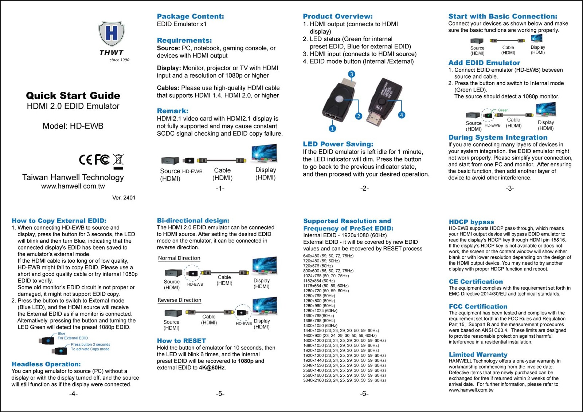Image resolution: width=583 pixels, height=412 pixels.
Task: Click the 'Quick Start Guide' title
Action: (x=73, y=96)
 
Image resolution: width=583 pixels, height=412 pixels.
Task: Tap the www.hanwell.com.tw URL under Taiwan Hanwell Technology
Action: (x=73, y=186)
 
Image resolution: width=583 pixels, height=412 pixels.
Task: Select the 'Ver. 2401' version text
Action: (x=124, y=198)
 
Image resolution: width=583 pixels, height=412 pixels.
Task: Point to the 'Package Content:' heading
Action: (x=190, y=16)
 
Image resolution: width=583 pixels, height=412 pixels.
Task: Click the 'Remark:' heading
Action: (x=172, y=111)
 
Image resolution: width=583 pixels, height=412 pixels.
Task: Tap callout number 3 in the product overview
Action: (x=351, y=74)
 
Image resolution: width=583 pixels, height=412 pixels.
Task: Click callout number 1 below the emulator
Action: (x=332, y=128)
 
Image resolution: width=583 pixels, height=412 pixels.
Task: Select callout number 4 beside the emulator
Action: (x=401, y=115)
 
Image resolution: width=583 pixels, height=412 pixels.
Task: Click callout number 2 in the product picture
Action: (x=359, y=116)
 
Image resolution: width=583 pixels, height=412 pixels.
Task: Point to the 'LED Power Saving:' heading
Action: (x=338, y=144)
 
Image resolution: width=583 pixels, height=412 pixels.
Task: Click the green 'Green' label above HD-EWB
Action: (x=503, y=110)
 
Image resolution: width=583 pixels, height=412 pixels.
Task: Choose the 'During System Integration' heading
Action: (x=498, y=138)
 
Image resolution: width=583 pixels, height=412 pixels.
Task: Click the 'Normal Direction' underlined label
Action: (x=179, y=258)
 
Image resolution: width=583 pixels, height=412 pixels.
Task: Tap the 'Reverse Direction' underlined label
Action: (x=179, y=300)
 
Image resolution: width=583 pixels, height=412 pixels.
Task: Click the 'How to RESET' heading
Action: (x=181, y=341)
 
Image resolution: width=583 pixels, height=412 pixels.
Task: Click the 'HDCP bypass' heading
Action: (x=471, y=222)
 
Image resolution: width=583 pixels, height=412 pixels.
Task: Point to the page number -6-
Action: (x=364, y=394)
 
